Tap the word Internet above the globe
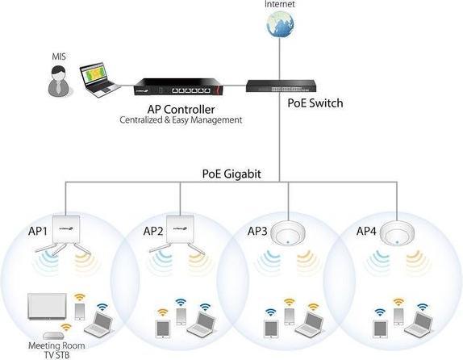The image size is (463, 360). pyautogui.click(x=280, y=5)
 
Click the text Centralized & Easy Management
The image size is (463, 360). pyautogui.click(x=181, y=120)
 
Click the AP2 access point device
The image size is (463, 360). pyautogui.click(x=180, y=228)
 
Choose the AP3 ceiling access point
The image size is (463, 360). pyautogui.click(x=287, y=233)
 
